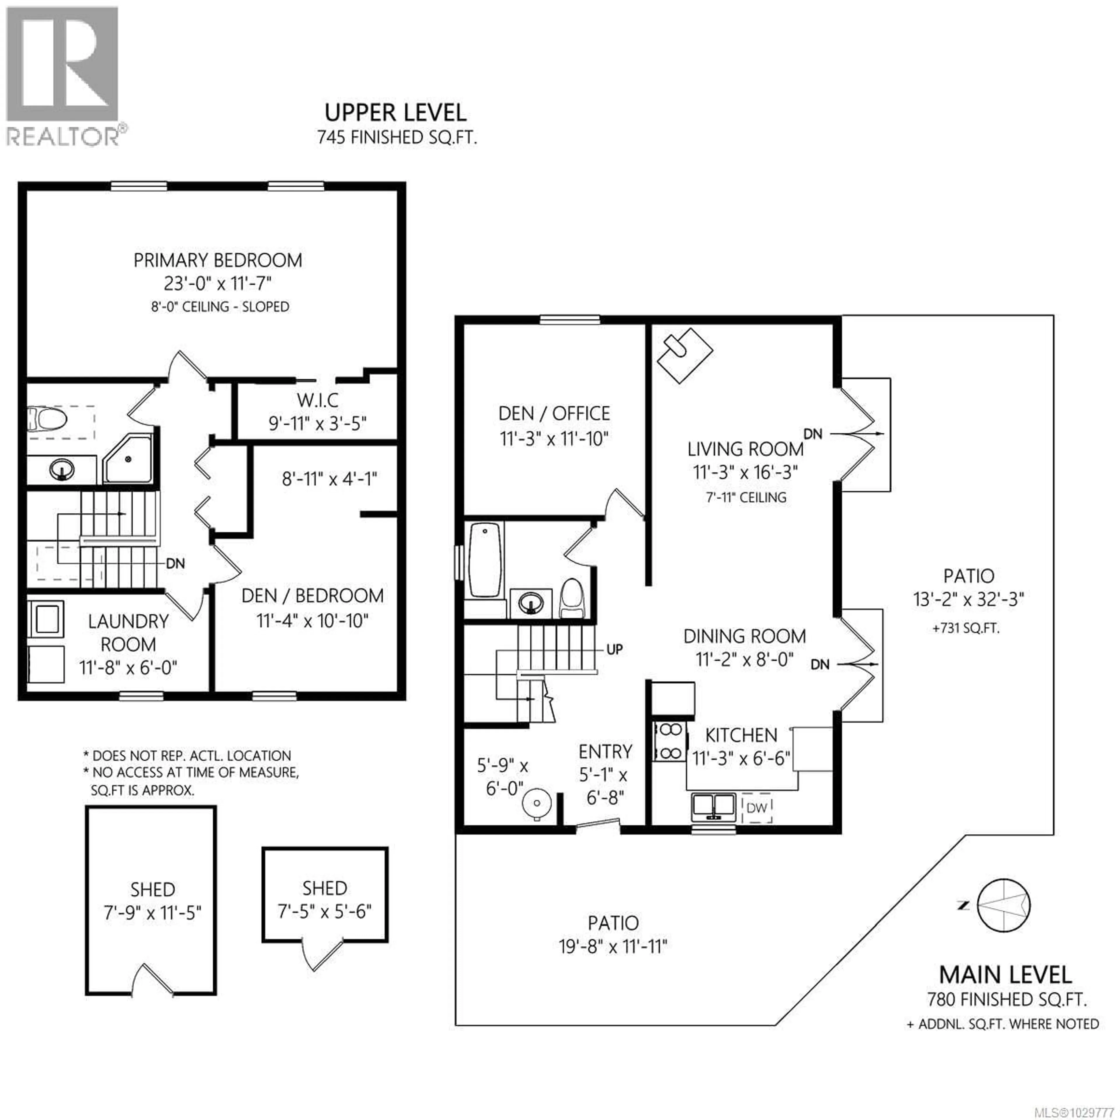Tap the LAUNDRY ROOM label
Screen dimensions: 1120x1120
tap(128, 632)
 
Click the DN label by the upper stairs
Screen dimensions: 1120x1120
tap(175, 563)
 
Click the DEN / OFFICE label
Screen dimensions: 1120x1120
tap(554, 413)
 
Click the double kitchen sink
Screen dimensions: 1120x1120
tap(714, 806)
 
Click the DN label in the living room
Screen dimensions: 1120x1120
tap(813, 434)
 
